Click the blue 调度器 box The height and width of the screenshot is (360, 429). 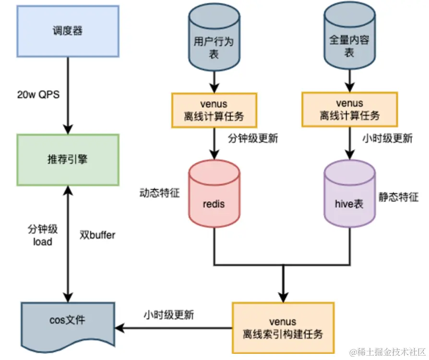(x=68, y=31)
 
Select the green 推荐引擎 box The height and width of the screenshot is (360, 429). (x=68, y=160)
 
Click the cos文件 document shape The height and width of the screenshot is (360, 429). (x=68, y=321)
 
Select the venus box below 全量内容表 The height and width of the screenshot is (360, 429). (x=349, y=110)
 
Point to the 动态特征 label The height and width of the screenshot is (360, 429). (x=159, y=194)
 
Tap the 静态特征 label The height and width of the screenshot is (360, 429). (x=398, y=197)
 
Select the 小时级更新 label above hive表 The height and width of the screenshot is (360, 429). (x=387, y=139)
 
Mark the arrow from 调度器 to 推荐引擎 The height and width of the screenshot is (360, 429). (x=68, y=96)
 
